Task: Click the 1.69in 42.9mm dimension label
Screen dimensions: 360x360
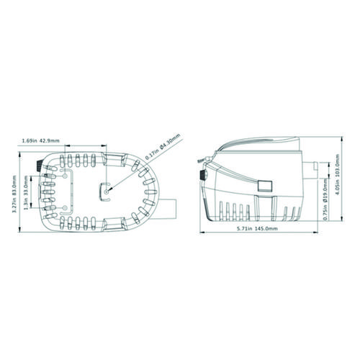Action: tap(40, 140)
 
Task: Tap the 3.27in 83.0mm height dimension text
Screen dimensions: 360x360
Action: tap(14, 194)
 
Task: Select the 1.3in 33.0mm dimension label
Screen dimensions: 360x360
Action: tap(27, 193)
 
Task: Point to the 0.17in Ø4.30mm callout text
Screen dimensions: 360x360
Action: tap(163, 147)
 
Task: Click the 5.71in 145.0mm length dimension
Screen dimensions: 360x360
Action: tap(257, 229)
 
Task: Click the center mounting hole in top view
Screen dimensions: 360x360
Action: tap(107, 192)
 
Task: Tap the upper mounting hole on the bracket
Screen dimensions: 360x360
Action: tap(65, 176)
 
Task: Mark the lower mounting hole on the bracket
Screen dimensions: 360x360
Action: tap(65, 207)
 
